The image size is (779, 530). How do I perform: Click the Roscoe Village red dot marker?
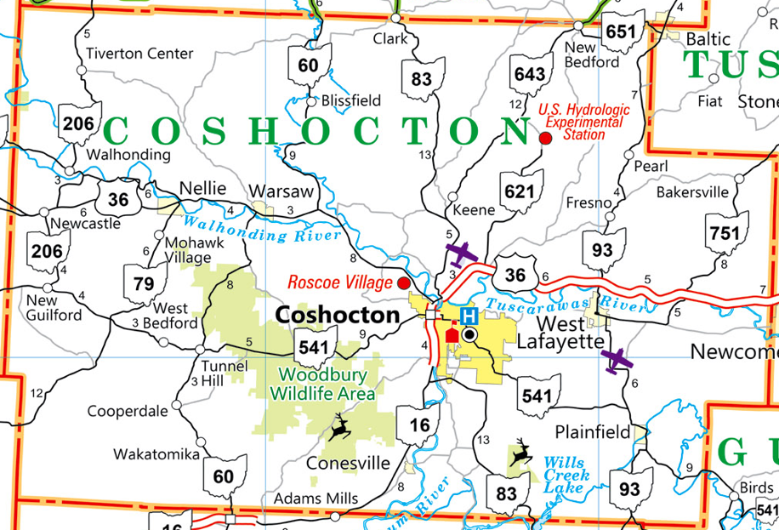pyautogui.click(x=404, y=282)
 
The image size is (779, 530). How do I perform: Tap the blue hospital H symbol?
pyautogui.click(x=468, y=316)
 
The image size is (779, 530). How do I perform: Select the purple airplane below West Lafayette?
pyautogui.click(x=617, y=360)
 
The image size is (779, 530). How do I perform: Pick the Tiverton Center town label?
pyautogui.click(x=140, y=54)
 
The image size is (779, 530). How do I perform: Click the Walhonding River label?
pyautogui.click(x=263, y=229)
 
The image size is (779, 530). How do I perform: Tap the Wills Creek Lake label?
pyautogui.click(x=565, y=476)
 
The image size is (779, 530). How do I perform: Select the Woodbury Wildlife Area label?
pyautogui.click(x=322, y=385)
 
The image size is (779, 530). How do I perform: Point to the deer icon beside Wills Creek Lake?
pyautogui.click(x=520, y=454)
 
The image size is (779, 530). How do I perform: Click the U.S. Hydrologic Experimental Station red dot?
pyautogui.click(x=545, y=138)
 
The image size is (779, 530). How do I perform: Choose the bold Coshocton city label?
pyautogui.click(x=338, y=315)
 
